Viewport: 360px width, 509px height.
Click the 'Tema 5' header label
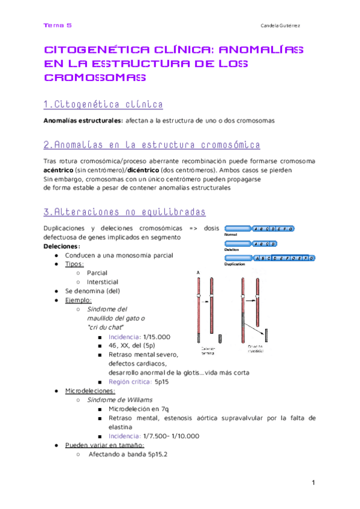pyautogui.click(x=58, y=25)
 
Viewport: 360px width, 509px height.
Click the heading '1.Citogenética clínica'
pyautogui.click(x=103, y=105)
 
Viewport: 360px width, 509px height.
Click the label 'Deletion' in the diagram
pyautogui.click(x=232, y=249)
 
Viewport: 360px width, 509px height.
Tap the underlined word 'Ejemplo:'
pyautogui.click(x=79, y=300)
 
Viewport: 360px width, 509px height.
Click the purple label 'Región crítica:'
pyautogui.click(x=130, y=382)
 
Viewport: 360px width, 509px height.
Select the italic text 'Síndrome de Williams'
pyautogui.click(x=119, y=400)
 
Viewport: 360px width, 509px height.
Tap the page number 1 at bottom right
pyautogui.click(x=313, y=484)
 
